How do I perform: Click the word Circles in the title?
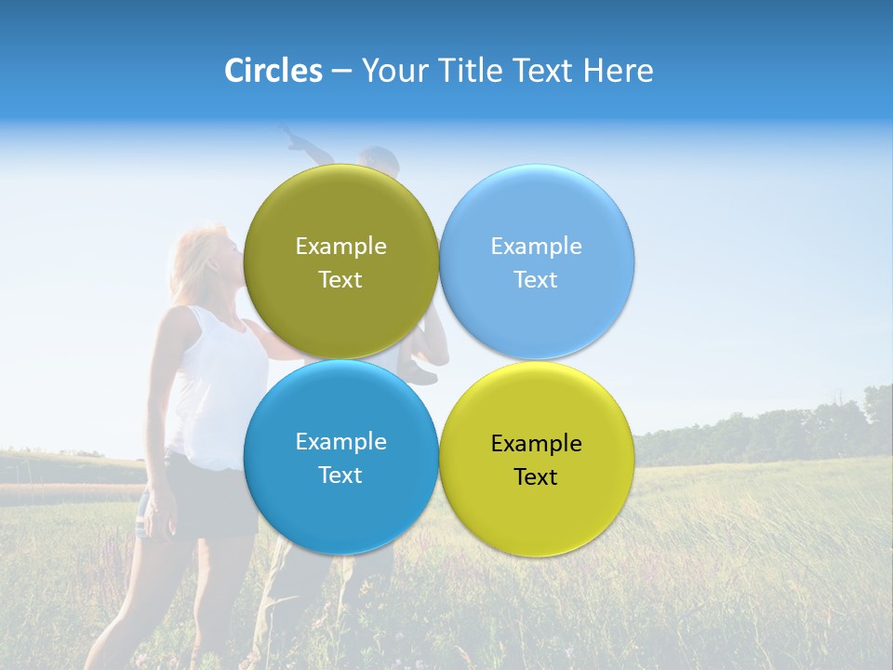pos(273,71)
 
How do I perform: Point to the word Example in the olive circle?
pos(340,247)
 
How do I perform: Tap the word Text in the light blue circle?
pos(536,280)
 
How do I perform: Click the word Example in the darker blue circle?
pos(340,442)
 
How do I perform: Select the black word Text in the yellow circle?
pos(536,477)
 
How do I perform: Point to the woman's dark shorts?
pos(209,502)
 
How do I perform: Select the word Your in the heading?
pos(393,71)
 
